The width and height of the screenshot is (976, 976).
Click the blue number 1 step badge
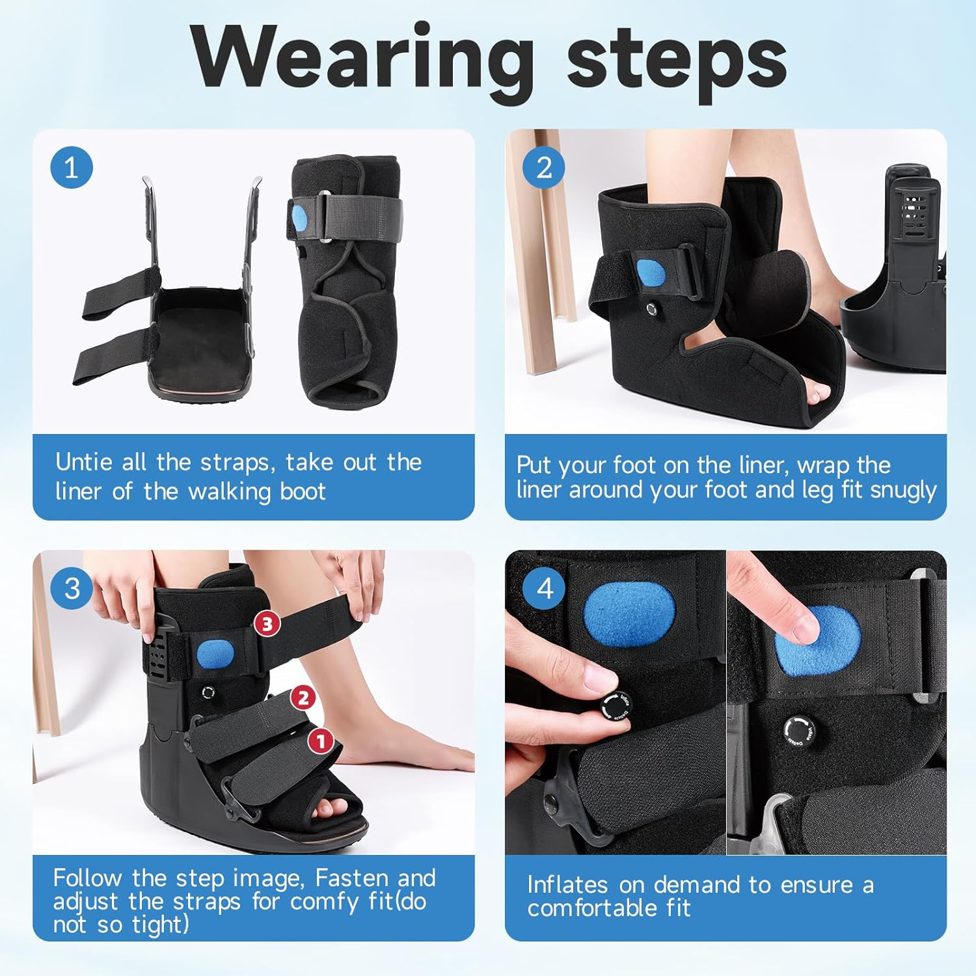[x=72, y=168]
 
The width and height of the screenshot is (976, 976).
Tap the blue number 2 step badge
[x=544, y=168]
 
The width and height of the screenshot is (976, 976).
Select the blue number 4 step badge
[x=544, y=589]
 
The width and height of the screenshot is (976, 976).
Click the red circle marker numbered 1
[x=321, y=740]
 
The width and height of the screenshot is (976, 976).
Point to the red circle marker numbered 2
[x=303, y=698]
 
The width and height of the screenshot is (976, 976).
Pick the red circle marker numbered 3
[x=267, y=624]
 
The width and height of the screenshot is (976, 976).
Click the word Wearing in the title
[x=362, y=59]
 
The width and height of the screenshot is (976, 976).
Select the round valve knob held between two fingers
[x=614, y=707]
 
